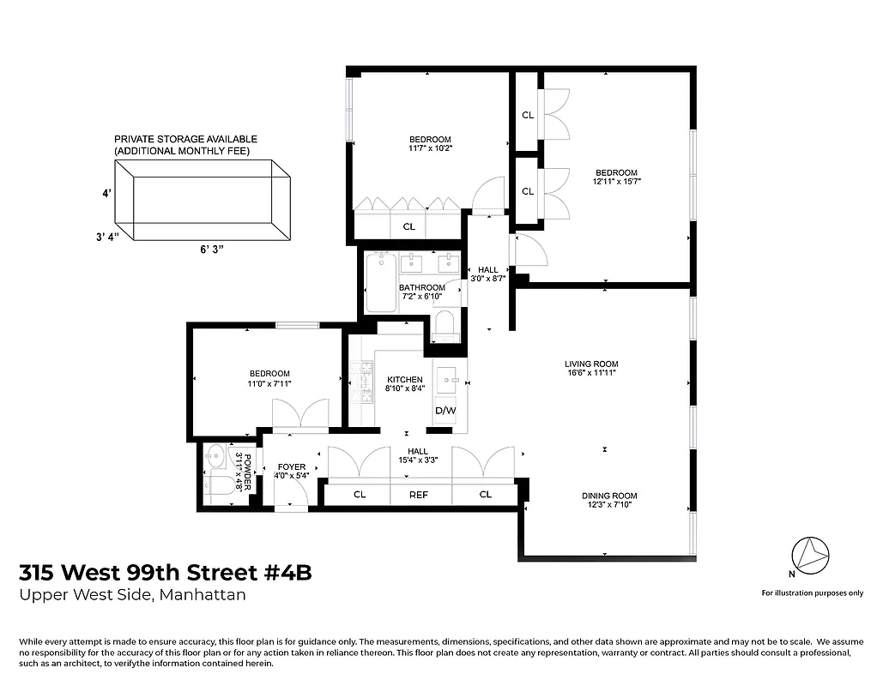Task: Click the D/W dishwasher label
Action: [445, 411]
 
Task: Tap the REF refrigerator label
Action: [419, 494]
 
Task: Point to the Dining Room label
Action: [609, 496]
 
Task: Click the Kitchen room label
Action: [404, 379]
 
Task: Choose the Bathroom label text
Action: [422, 287]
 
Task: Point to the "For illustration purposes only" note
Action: [813, 593]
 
